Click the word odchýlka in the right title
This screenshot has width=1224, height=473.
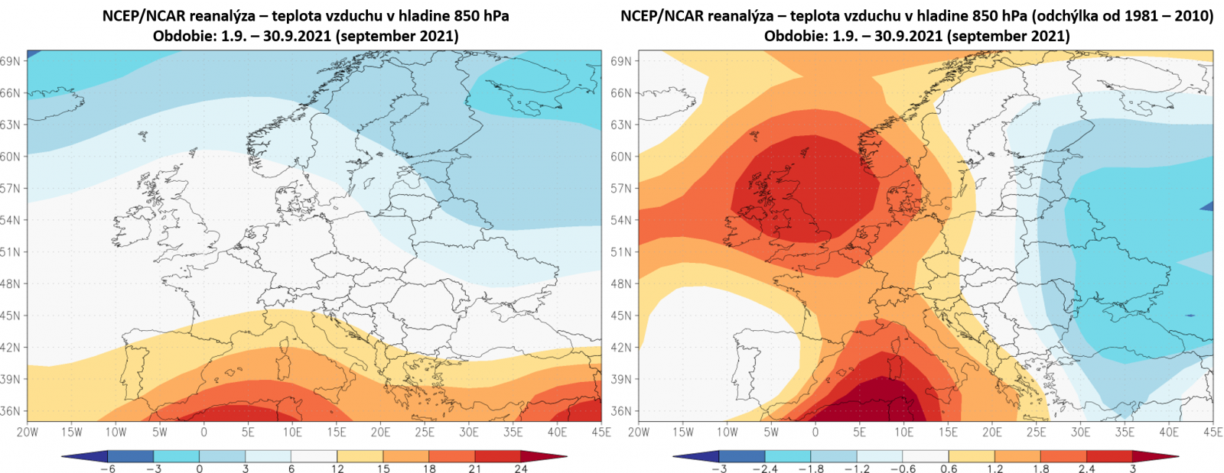1064,16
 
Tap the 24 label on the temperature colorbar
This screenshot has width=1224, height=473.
521,468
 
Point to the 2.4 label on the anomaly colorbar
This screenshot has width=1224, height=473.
1086,468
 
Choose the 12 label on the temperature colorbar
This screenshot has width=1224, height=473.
337,468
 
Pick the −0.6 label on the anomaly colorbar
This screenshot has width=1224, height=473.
903,468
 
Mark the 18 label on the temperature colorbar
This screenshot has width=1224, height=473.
429,468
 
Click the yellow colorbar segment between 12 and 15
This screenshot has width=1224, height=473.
360,457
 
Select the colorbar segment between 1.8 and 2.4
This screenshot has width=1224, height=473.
1063,457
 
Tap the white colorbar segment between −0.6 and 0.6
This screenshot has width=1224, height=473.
926,457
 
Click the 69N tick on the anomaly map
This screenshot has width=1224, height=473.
621,61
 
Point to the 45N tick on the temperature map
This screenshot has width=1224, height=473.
10,316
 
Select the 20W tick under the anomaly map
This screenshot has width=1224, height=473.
639,432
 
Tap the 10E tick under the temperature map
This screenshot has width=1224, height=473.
292,432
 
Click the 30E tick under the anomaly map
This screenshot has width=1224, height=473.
1080,432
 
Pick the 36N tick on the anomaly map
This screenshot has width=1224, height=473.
621,411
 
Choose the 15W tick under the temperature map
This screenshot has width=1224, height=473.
71,432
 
